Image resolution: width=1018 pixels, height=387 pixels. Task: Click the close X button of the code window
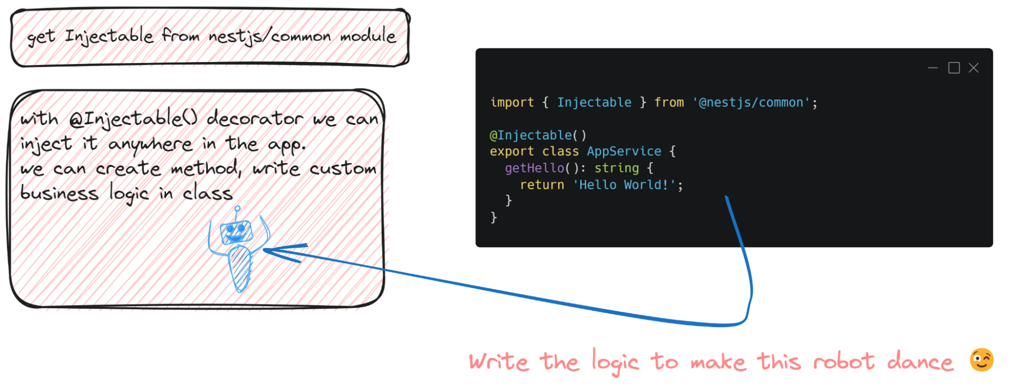point(973,68)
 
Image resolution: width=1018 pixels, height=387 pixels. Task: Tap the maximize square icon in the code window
point(954,68)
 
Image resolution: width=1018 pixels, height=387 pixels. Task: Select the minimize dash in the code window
point(932,68)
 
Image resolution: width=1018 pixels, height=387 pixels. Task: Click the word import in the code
point(512,103)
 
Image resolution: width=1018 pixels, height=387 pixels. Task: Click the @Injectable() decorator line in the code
point(538,135)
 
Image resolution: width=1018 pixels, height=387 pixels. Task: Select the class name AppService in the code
point(624,152)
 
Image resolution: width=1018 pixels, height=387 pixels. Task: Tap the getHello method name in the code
point(534,168)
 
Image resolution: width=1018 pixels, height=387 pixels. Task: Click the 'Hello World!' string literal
point(624,185)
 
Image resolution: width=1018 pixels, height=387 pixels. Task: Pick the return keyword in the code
point(542,185)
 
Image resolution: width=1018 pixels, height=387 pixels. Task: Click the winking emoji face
point(981,360)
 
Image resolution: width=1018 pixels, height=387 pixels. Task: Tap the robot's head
point(236,232)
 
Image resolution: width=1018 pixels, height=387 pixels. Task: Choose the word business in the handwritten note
point(59,193)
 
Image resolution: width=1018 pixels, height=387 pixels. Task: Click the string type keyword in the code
point(616,168)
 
